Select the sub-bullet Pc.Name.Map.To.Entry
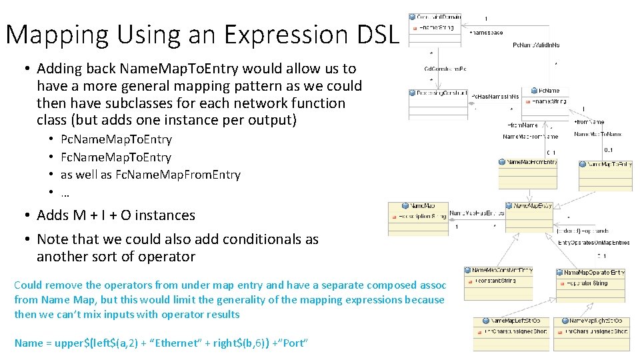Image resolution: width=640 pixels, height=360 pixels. point(116,139)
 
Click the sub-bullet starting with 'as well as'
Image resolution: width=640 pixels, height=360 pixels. point(150,175)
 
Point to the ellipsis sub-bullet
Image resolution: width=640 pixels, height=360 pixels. point(65,192)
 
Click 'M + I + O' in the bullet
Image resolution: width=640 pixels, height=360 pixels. point(107,215)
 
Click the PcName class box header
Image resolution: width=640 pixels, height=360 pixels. point(547,91)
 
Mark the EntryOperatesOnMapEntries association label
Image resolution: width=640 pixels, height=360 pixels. point(593,242)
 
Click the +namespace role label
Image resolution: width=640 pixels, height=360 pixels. point(486,32)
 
